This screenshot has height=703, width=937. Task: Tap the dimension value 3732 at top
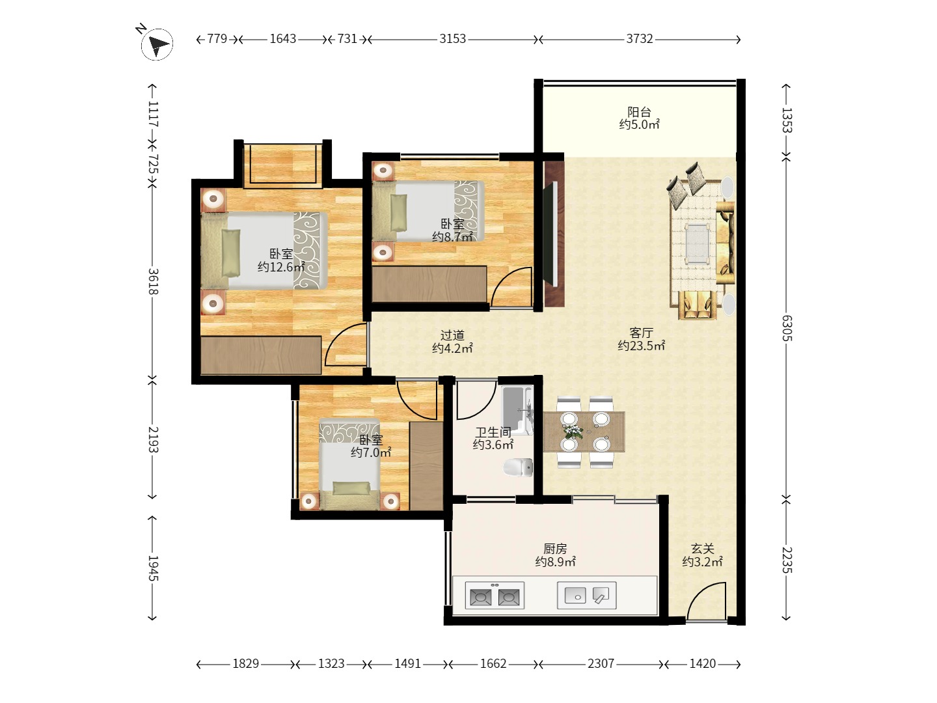(639, 39)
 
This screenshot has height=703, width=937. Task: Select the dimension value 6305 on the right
(787, 328)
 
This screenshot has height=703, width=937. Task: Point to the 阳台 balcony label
(639, 112)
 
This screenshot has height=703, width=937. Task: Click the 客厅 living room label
(641, 333)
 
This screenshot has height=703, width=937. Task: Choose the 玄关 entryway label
(702, 548)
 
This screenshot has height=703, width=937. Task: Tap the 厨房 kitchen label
(555, 548)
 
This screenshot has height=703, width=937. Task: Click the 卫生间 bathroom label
(493, 432)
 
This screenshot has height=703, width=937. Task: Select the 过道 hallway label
(452, 335)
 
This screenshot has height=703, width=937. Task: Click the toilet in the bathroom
(518, 467)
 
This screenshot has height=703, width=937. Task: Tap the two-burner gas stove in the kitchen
(495, 595)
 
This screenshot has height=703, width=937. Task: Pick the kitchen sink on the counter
(586, 595)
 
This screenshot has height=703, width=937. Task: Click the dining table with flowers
(584, 432)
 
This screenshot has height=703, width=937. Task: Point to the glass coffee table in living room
(697, 243)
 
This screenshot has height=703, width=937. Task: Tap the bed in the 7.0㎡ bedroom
(349, 464)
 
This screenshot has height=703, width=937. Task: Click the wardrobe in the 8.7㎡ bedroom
(429, 284)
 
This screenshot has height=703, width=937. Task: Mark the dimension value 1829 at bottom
(245, 663)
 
